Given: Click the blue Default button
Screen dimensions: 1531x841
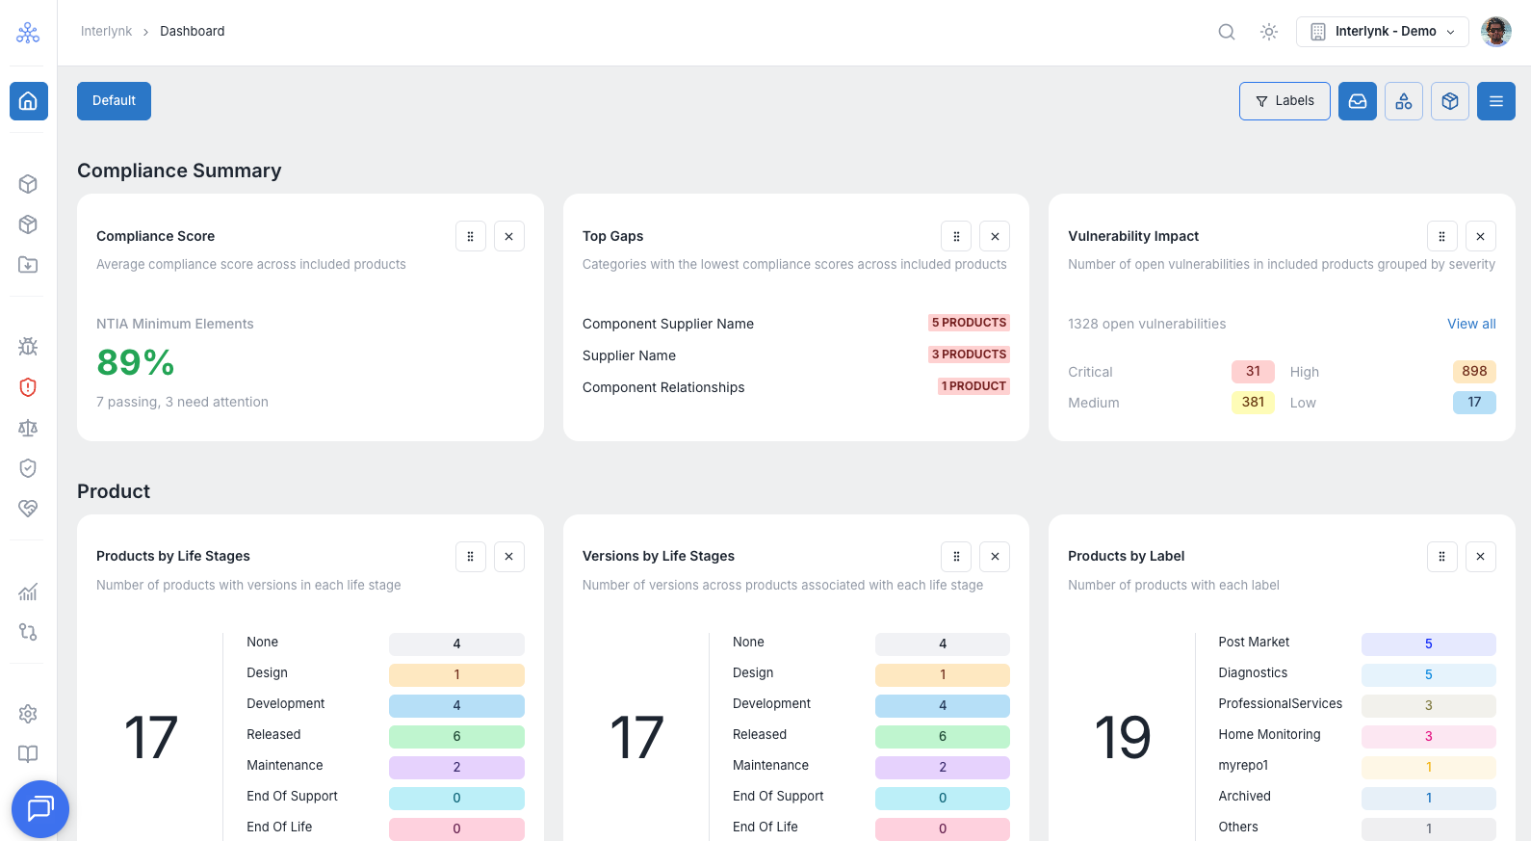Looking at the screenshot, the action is pyautogui.click(x=114, y=101).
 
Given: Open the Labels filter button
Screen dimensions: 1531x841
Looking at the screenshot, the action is pyautogui.click(x=1284, y=101).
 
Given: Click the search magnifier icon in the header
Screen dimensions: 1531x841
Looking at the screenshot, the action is pyautogui.click(x=1226, y=32).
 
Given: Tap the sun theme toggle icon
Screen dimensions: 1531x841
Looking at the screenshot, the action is pyautogui.click(x=1268, y=32).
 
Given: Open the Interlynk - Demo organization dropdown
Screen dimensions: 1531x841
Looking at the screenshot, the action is pyautogui.click(x=1382, y=32).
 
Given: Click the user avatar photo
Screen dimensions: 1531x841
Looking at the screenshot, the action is pyautogui.click(x=1495, y=32).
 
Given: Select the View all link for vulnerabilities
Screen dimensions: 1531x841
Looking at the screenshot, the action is pyautogui.click(x=1471, y=324).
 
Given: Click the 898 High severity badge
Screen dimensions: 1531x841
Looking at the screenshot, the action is pyautogui.click(x=1474, y=371).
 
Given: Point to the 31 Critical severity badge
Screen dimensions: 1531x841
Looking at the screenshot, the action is pyautogui.click(x=1253, y=371).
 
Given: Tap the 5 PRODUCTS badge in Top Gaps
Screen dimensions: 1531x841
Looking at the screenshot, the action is pyautogui.click(x=969, y=323).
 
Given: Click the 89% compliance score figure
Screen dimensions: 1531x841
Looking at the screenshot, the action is pyautogui.click(x=136, y=362).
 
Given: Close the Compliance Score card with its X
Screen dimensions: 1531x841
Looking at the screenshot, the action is pyautogui.click(x=508, y=237).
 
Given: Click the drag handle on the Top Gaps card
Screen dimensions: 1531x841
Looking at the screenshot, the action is pyautogui.click(x=956, y=237).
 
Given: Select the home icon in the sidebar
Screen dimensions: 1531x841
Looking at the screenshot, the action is pyautogui.click(x=28, y=101).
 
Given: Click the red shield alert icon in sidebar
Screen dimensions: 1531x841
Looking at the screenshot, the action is pyautogui.click(x=28, y=387).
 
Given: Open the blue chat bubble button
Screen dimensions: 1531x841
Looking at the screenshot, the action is pyautogui.click(x=40, y=809).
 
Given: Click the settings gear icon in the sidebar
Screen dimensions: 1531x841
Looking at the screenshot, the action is pyautogui.click(x=28, y=714).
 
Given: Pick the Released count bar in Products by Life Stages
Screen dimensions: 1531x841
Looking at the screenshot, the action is pyautogui.click(x=456, y=736).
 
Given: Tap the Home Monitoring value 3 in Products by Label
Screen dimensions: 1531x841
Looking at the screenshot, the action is pyautogui.click(x=1429, y=736).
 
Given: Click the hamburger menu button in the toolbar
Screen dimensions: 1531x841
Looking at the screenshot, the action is pyautogui.click(x=1496, y=101).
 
